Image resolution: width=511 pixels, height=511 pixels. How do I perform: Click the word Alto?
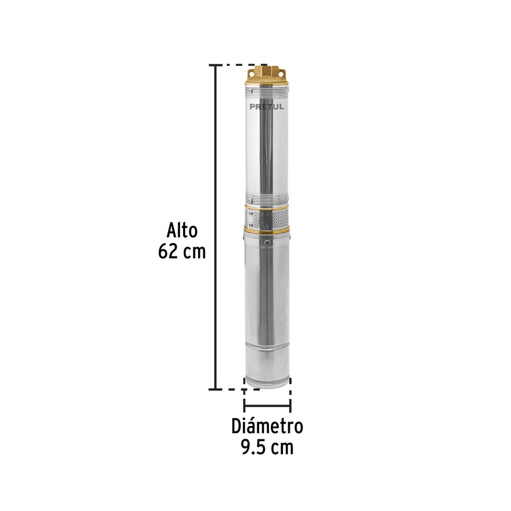click(x=182, y=231)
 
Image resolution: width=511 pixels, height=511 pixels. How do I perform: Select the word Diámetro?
click(x=267, y=427)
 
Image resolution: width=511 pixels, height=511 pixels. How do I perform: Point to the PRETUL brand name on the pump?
click(x=267, y=106)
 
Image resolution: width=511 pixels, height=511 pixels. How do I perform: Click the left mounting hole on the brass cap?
click(x=251, y=73)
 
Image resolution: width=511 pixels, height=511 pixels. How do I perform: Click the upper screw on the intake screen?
click(x=251, y=212)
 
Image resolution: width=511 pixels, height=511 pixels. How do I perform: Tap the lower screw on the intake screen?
click(x=251, y=225)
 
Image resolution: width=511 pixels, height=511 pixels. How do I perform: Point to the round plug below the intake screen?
click(x=267, y=244)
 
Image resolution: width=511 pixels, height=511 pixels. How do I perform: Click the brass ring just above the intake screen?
click(x=267, y=206)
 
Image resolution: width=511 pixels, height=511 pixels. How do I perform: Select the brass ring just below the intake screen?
click(x=267, y=230)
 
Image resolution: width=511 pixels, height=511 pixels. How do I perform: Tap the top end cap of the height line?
click(x=216, y=65)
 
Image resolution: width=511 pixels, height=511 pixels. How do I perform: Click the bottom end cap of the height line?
click(x=216, y=389)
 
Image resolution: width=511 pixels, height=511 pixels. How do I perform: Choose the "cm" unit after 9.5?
click(x=282, y=447)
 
